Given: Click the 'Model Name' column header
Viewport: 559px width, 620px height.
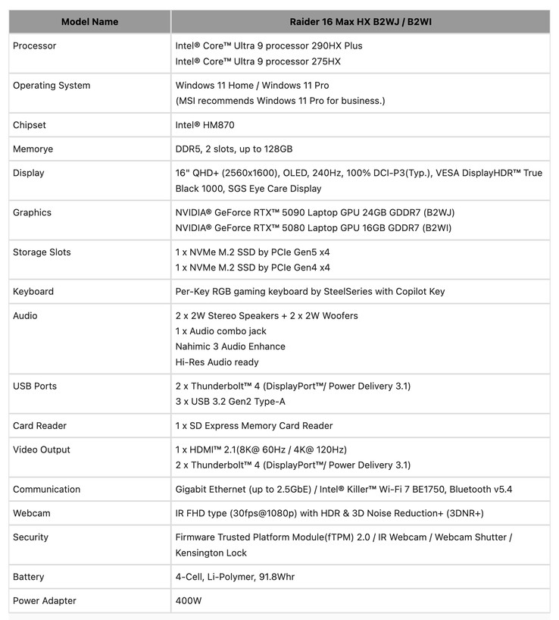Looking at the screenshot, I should (x=89, y=22).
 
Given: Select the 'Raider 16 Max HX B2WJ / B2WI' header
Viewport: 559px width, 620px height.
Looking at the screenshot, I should (x=361, y=22).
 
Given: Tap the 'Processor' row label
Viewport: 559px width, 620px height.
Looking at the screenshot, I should (x=35, y=46).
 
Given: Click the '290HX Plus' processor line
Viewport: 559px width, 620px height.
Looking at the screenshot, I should (x=269, y=46).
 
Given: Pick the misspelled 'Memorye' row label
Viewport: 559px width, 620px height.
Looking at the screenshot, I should (x=33, y=149).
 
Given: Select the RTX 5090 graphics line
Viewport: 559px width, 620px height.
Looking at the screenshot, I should (x=314, y=213).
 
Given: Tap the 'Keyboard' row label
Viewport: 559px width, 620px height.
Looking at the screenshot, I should (x=33, y=292).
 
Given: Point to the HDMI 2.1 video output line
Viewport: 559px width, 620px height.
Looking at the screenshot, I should (x=261, y=450).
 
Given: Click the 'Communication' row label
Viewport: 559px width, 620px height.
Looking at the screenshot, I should (x=47, y=490).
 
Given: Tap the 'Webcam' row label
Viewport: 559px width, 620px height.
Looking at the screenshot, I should (x=32, y=514).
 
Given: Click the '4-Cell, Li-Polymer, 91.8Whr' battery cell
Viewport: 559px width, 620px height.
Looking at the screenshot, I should (x=235, y=578).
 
